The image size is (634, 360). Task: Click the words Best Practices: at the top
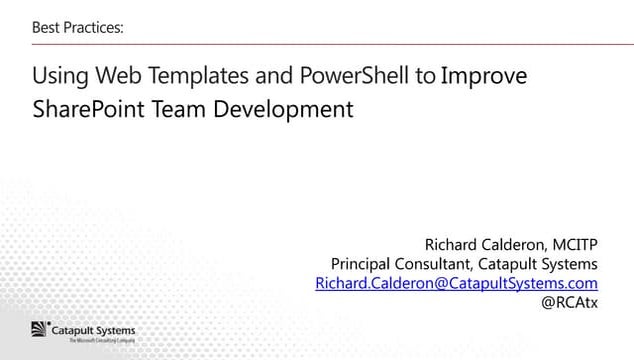pyautogui.click(x=78, y=27)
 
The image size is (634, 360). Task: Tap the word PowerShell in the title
pyautogui.click(x=349, y=77)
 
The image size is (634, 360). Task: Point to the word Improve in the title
pyautogui.click(x=484, y=77)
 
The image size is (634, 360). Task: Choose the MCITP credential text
pyautogui.click(x=576, y=243)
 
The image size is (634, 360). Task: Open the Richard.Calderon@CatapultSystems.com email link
pyautogui.click(x=456, y=284)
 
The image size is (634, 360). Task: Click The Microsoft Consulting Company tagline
pyautogui.click(x=100, y=341)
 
